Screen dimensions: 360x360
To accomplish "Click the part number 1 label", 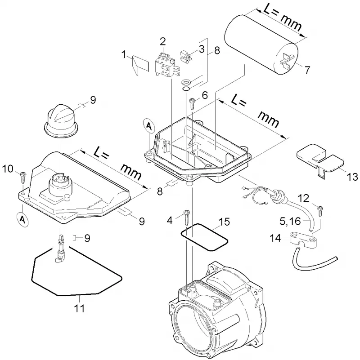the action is (x=124, y=55).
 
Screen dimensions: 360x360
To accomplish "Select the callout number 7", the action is (x=307, y=70).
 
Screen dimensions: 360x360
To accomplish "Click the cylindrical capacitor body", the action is (x=261, y=44).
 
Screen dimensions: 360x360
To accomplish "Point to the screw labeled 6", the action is (x=192, y=103).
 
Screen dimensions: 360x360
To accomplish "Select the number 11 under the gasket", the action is (x=79, y=308).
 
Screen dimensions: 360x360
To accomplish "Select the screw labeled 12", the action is (x=320, y=211).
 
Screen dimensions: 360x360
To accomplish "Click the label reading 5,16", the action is (x=290, y=221).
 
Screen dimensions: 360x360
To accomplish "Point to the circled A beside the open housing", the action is (x=149, y=125).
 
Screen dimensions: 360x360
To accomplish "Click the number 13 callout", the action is (x=352, y=177).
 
